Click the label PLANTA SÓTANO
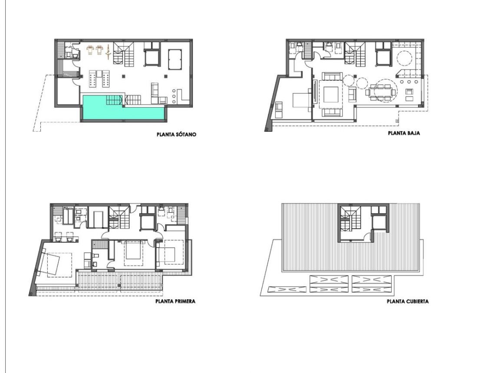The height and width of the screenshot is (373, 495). [177, 135]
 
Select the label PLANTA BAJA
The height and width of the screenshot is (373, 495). [403, 134]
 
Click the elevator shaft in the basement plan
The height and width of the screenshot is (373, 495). [151, 56]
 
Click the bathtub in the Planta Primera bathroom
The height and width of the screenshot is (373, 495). [69, 216]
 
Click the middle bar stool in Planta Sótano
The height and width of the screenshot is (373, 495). [174, 96]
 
